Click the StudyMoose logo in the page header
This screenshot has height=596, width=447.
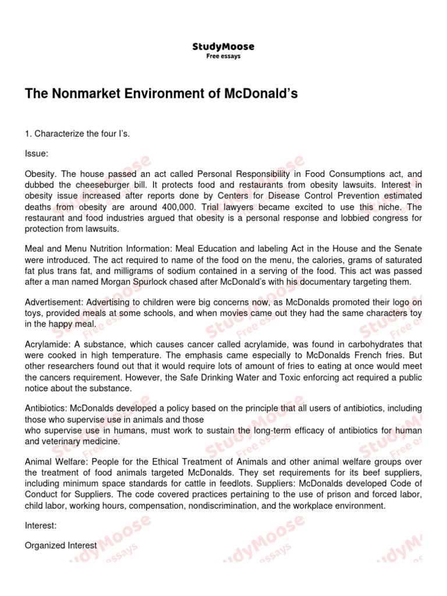223,47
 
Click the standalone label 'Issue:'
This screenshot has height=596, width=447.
37,154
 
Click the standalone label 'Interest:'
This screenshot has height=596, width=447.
41,526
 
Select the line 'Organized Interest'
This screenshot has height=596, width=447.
61,545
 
